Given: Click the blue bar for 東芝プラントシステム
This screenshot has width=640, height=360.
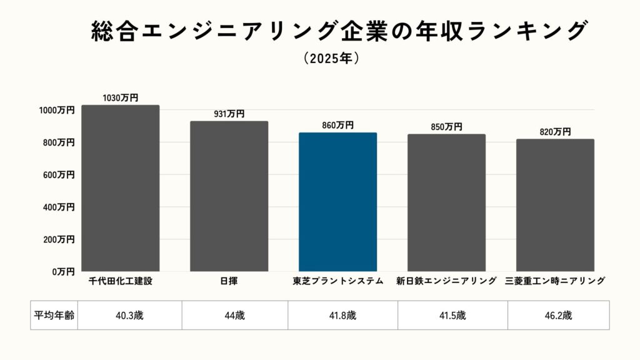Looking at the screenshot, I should click(337, 201).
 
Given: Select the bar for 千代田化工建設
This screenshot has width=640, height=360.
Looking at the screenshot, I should click(120, 187).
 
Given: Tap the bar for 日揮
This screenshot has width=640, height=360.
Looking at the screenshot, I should click(229, 196).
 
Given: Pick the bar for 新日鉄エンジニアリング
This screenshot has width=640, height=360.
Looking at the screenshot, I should click(446, 202).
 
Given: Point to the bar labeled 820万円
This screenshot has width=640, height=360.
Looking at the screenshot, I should click(555, 205).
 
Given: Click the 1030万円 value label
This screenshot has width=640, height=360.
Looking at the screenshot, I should click(120, 98).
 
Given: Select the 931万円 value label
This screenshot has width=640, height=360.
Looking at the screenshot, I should click(229, 114).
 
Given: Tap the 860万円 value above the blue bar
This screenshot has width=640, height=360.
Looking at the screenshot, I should click(337, 125).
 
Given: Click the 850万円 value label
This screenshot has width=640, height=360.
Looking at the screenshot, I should click(446, 127).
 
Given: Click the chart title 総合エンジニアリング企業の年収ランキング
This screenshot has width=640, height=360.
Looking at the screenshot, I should click(339, 31).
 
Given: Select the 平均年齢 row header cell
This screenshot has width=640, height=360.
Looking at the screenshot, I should click(54, 316).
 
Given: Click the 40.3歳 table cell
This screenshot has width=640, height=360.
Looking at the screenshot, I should click(130, 316).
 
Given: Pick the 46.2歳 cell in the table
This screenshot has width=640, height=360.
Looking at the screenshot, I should click(558, 316).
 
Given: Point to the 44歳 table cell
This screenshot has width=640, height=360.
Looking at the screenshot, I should click(235, 316).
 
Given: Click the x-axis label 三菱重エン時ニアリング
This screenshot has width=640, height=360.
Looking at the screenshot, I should click(555, 281).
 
